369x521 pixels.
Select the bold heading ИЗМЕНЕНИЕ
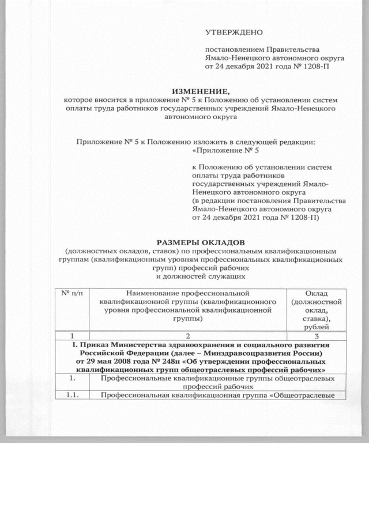pos(202,91)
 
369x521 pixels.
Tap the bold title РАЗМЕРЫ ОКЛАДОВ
pos(201,242)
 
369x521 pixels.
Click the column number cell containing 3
pos(317,337)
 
